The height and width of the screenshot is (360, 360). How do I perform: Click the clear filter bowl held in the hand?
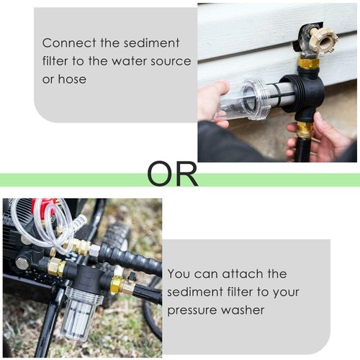248,100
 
